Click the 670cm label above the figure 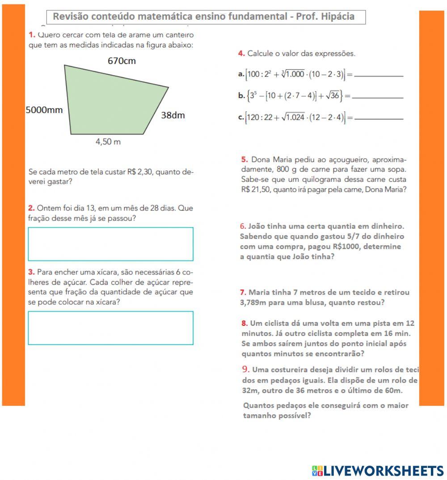click(122, 61)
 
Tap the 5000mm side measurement click(44, 109)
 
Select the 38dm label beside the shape click(173, 115)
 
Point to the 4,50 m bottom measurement click(108, 142)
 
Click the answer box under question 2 click(110, 244)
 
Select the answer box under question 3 click(110, 328)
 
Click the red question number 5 click(244, 160)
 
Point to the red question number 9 click(245, 369)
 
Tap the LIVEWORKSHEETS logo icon click(317, 470)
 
